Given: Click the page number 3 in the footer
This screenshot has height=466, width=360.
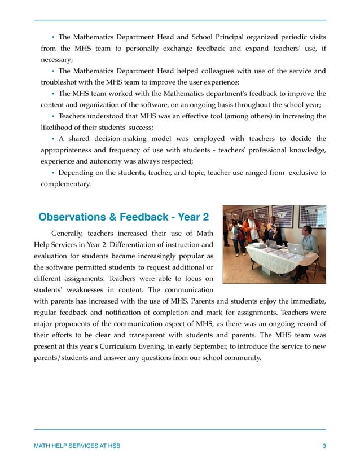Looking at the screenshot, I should (324, 446).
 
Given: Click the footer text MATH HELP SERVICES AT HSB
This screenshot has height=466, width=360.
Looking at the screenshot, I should (77, 446).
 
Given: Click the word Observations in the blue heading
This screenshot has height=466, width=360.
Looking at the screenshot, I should (73, 217).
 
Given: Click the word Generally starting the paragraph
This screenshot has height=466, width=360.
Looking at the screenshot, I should (70, 233).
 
